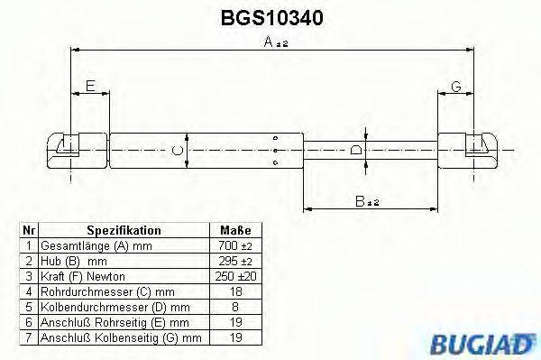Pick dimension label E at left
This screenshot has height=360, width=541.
pyautogui.click(x=89, y=87)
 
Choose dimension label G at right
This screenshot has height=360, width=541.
pyautogui.click(x=456, y=87)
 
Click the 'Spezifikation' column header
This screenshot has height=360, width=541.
pyautogui.click(x=124, y=231)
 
